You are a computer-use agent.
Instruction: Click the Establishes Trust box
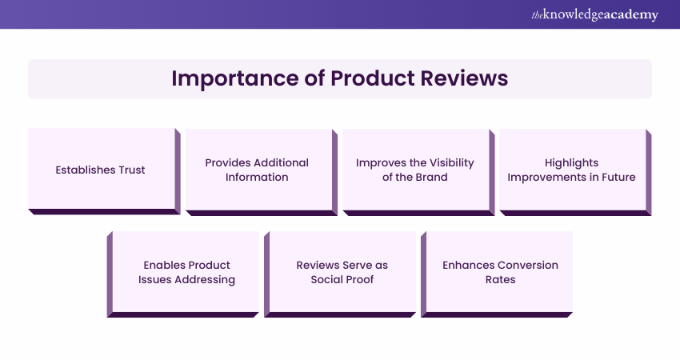tap(101, 170)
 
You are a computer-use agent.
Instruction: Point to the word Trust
tap(130, 170)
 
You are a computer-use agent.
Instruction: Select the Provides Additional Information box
tap(257, 170)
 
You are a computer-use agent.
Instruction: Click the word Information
tap(257, 177)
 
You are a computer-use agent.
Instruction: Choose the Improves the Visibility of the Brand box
tap(414, 170)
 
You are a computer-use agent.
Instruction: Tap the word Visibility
tap(449, 162)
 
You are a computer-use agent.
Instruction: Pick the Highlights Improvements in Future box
tap(571, 170)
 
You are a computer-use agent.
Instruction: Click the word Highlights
tap(571, 162)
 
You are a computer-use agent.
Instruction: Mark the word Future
tap(616, 177)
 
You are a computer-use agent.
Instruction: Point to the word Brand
tap(431, 177)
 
